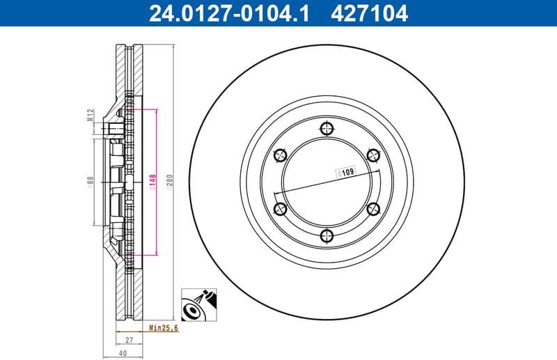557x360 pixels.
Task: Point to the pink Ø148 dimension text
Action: coord(151,182)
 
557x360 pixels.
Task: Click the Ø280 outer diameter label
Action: coord(169,182)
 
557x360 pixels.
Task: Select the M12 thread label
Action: coord(91,114)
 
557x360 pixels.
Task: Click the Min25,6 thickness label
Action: coord(163,328)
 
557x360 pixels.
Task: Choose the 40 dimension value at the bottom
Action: coord(123,353)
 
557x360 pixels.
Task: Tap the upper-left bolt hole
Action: coord(280,155)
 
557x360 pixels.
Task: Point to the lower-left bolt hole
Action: coord(280,209)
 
